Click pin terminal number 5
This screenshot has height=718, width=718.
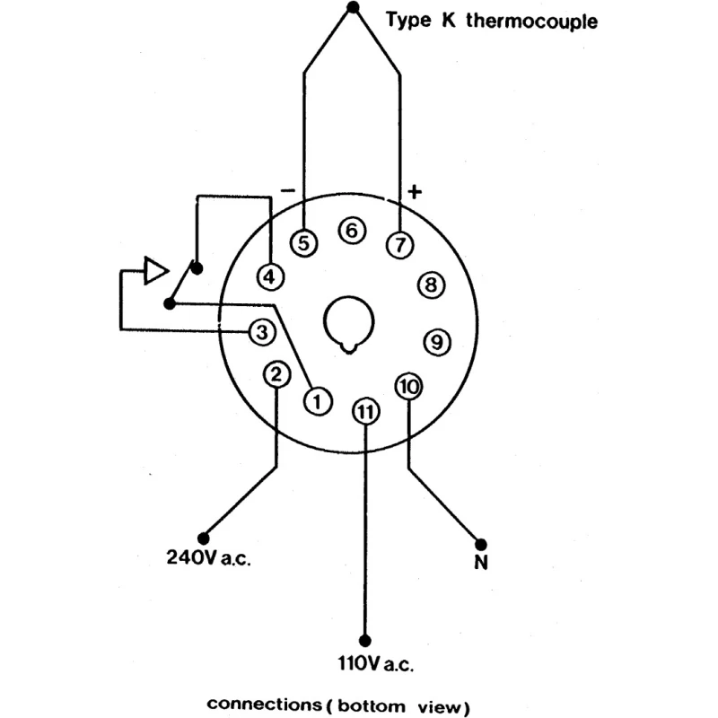[304, 243]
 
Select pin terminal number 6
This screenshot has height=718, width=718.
[352, 231]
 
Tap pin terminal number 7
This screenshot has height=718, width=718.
[400, 244]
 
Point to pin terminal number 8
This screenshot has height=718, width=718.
[432, 285]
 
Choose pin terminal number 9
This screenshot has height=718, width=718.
[437, 342]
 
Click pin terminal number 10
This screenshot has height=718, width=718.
[408, 387]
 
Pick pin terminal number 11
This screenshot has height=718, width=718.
[365, 411]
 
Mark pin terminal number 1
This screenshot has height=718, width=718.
[318, 401]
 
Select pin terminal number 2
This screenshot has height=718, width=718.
[276, 374]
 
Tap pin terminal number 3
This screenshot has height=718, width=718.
[262, 332]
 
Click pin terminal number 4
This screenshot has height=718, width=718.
[270, 276]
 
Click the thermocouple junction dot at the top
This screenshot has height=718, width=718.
[353, 7]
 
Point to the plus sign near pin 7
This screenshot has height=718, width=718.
[415, 191]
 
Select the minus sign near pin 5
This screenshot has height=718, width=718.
[288, 190]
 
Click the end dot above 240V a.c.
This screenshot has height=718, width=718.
[204, 538]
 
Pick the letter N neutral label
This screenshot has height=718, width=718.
[481, 562]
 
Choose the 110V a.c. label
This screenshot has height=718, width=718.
[375, 663]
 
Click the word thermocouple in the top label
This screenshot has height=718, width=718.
[531, 21]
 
